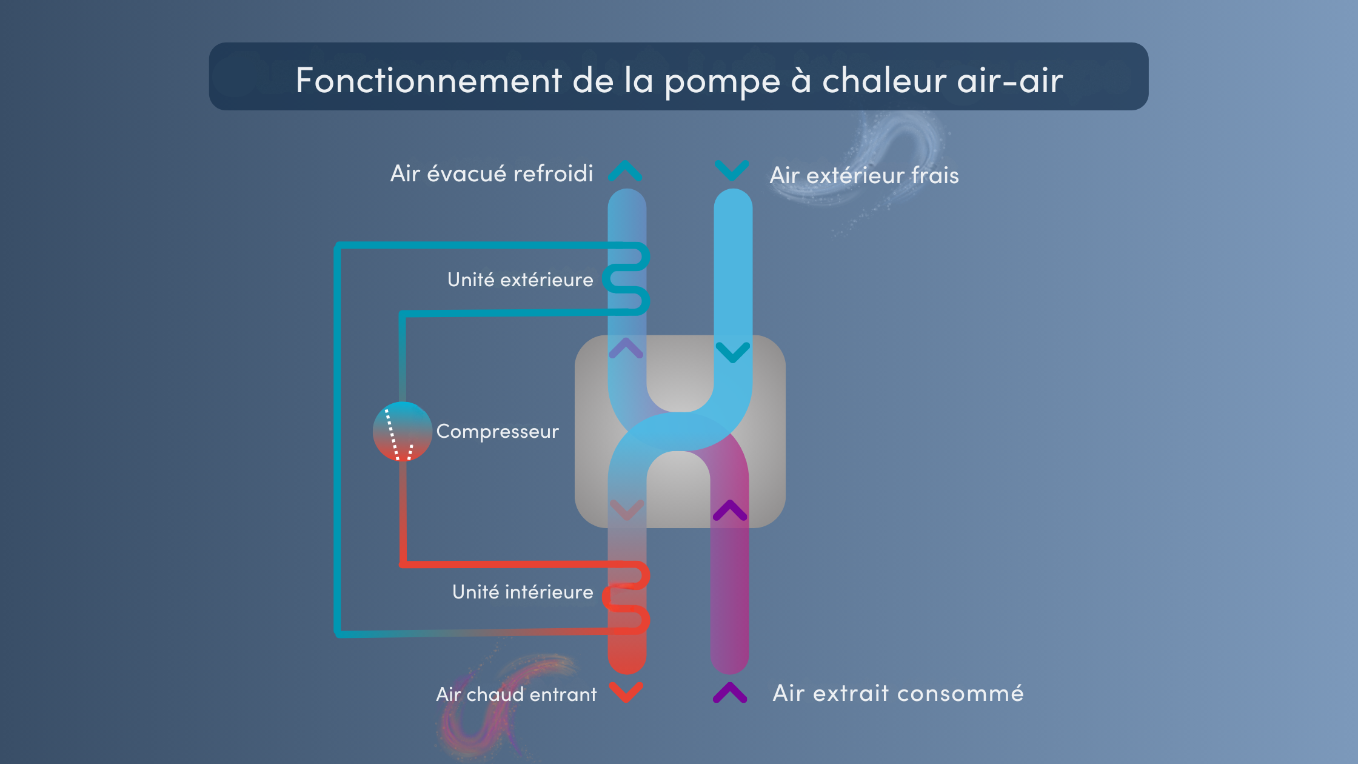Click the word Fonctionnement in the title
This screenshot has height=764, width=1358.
tap(429, 80)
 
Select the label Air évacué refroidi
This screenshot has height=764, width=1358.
tap(492, 173)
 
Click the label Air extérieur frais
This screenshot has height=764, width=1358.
tap(864, 175)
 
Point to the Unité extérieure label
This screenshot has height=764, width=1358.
tap(520, 280)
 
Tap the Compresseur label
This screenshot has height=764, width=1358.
tap(497, 431)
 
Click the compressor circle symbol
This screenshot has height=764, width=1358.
tap(402, 431)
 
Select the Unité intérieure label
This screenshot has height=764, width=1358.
tap(523, 592)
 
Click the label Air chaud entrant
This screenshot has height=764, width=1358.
tap(517, 694)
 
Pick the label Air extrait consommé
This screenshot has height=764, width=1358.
tap(898, 692)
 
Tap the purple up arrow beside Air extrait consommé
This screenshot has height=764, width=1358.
tap(730, 692)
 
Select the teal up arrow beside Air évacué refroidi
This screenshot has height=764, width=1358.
tap(626, 171)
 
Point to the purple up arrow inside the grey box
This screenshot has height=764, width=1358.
tap(730, 511)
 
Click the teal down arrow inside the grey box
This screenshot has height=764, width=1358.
tap(733, 352)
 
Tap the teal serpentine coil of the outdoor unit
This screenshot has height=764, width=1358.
tap(627, 279)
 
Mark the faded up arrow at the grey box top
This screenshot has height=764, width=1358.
tap(626, 348)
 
